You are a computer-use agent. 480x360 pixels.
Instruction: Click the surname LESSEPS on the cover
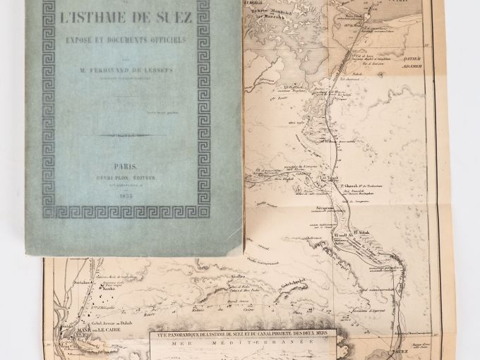tap(164, 71)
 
